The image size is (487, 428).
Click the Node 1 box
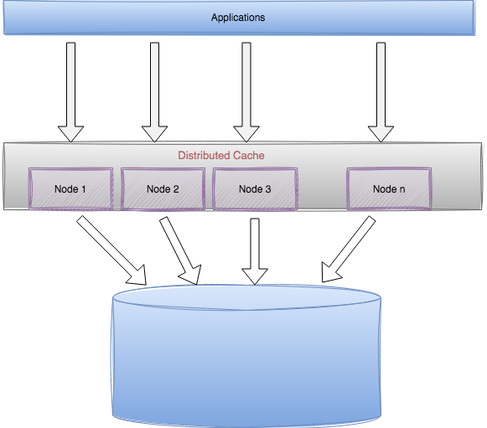(70, 188)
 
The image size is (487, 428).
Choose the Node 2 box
(163, 188)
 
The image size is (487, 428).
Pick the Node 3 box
(255, 188)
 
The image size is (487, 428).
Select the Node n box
(389, 188)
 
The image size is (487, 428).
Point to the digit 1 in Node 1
(84, 189)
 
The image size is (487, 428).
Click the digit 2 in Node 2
(176, 189)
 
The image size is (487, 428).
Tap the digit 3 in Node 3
(268, 189)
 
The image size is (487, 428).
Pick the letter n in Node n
(402, 189)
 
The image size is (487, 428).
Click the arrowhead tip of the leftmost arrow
(71, 138)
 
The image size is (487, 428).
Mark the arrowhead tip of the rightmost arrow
(381, 138)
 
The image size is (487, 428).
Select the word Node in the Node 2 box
(158, 189)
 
